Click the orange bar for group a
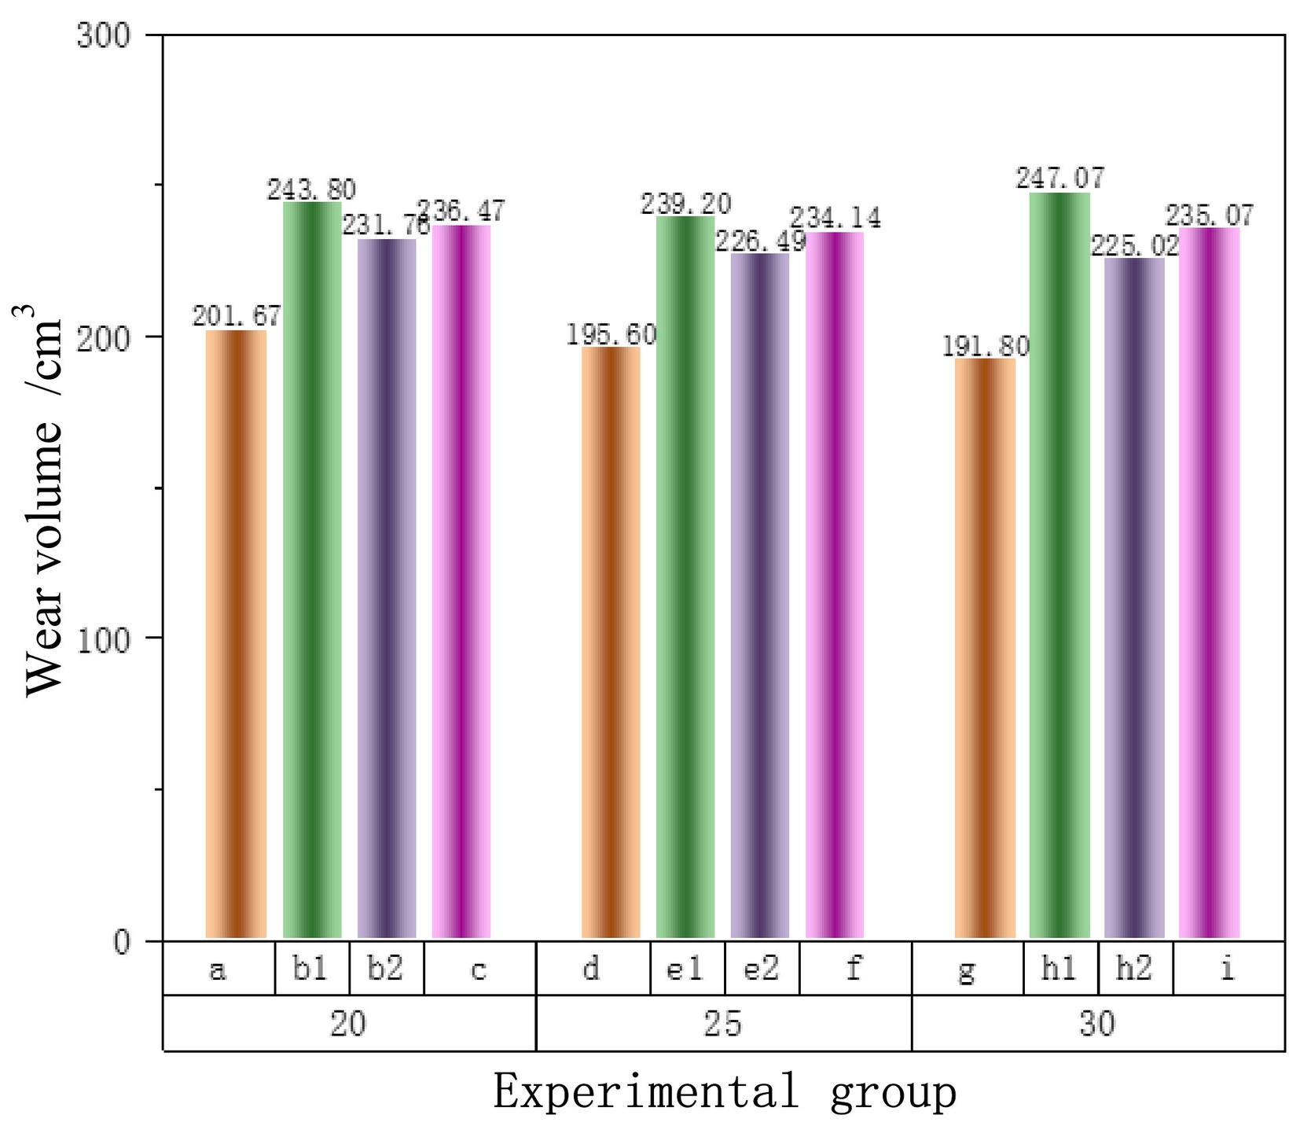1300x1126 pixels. click(x=236, y=634)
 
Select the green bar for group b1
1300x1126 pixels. click(x=312, y=570)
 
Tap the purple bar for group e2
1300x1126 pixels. click(x=760, y=596)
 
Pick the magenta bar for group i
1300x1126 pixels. click(x=1209, y=583)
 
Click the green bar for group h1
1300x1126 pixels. click(x=1059, y=565)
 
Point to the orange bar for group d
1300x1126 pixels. click(x=611, y=642)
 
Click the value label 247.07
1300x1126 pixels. click(x=1059, y=178)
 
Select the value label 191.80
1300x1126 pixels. click(x=985, y=345)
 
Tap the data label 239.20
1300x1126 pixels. click(x=685, y=204)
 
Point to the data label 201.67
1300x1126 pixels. click(x=237, y=316)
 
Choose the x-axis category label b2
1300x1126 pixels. click(x=386, y=969)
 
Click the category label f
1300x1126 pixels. click(x=854, y=969)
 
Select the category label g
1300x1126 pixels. click(x=967, y=972)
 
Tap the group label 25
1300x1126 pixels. click(x=723, y=1024)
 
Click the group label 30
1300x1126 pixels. click(x=1098, y=1024)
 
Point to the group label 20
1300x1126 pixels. click(x=348, y=1024)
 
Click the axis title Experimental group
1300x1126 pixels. click(x=725, y=1093)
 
